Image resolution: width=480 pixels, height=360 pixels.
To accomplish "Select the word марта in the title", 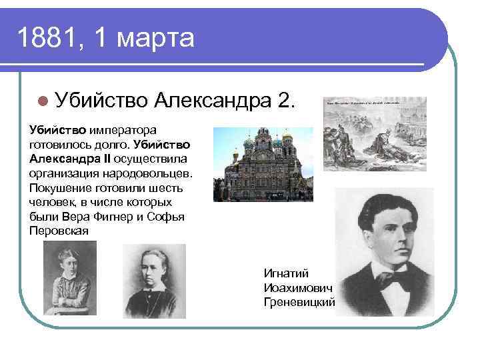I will click(x=155, y=38).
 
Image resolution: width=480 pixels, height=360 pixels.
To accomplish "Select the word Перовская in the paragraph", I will click(x=59, y=231).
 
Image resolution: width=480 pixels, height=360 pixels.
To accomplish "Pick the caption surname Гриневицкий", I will click(x=299, y=302).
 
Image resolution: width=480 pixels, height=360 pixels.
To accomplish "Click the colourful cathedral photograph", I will click(x=263, y=165).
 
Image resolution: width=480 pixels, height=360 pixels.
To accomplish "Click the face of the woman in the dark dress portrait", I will click(x=155, y=274).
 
